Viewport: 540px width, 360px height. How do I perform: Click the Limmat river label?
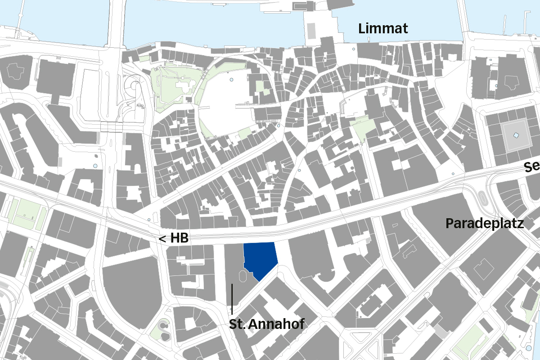(383, 29)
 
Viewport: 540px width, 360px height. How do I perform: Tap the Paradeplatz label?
(485, 223)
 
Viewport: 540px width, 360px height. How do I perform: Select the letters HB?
(179, 239)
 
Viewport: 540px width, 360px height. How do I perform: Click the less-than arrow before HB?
(162, 239)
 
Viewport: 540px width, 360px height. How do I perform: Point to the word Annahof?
(276, 324)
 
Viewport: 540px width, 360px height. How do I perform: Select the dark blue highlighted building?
(260, 259)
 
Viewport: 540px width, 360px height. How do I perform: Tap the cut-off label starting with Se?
(532, 167)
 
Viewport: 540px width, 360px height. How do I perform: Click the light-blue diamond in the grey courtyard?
(516, 135)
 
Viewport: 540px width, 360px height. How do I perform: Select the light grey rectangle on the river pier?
(311, 30)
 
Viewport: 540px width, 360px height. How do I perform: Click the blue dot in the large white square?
(231, 80)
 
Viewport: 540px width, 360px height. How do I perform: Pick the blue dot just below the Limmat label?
(354, 49)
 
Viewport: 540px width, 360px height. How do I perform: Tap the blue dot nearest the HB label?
(149, 220)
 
